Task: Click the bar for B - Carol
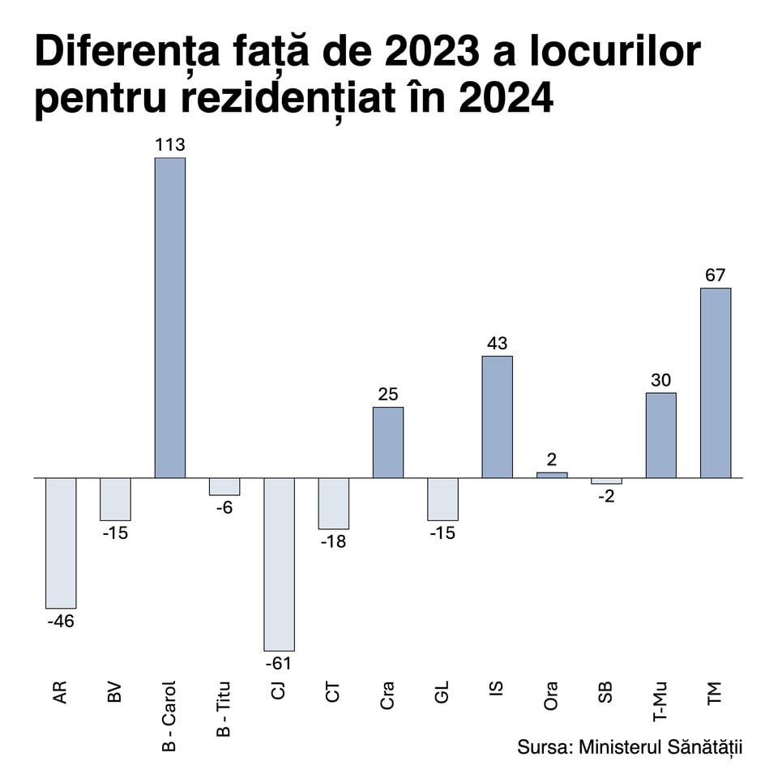170,318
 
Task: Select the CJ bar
280,564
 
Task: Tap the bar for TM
716,383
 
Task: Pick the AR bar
61,543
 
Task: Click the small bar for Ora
552,475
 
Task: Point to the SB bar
606,481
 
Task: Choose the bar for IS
498,417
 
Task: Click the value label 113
170,145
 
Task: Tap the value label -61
278,663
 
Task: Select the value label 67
715,276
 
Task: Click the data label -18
332,541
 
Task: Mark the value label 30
660,380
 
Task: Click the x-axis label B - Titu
224,708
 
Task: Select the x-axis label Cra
387,696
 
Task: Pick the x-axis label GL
442,694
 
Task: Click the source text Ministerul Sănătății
660,746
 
